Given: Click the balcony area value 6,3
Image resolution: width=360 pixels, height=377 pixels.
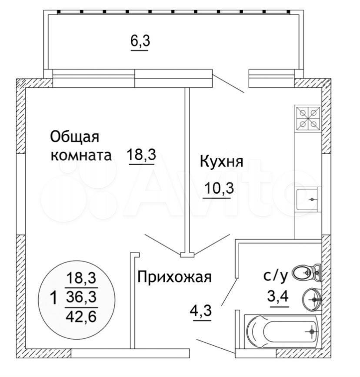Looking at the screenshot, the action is click(140, 41).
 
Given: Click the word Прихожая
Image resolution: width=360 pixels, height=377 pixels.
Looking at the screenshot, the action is click(174, 277).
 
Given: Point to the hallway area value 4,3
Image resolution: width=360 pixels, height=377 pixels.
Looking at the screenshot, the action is click(201, 311).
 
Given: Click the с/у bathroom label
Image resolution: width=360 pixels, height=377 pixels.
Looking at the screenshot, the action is click(276, 277).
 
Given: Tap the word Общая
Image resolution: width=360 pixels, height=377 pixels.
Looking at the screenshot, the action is click(75, 137).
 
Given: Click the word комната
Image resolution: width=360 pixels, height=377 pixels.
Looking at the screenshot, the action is click(81, 155).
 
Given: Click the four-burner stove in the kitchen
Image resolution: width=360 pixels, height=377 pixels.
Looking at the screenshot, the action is click(308, 118).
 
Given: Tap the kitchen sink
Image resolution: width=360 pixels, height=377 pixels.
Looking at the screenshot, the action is click(307, 199).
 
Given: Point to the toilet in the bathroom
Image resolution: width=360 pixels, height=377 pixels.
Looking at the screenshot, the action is click(307, 272).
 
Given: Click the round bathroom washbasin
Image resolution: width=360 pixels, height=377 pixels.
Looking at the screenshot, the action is click(311, 299).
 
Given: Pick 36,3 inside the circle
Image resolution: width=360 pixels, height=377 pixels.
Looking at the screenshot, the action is click(81, 297).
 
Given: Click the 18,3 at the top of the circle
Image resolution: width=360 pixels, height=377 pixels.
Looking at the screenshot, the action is click(81, 278).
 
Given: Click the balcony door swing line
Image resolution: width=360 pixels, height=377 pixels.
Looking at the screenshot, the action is click(229, 84).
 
